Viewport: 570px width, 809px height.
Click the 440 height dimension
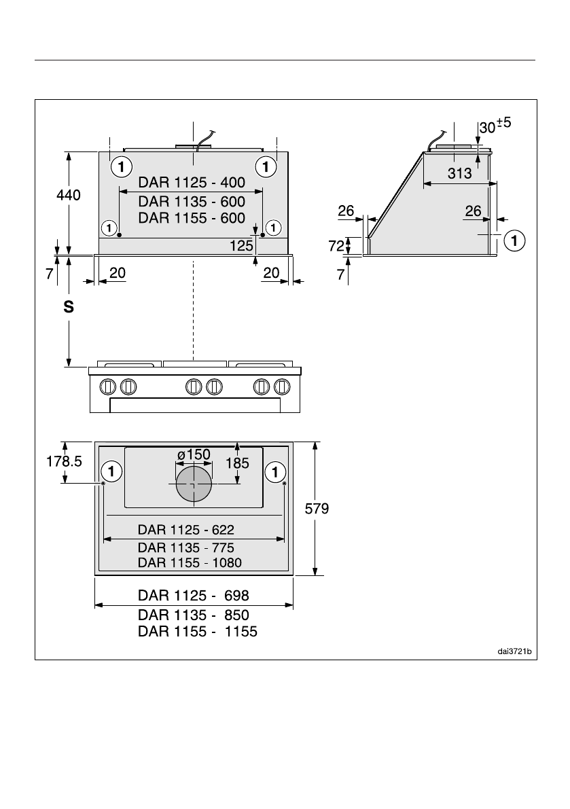tap(69, 195)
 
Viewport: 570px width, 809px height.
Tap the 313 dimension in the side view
tap(459, 173)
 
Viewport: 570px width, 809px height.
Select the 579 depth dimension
tap(317, 509)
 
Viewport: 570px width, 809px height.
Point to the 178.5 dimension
tap(64, 461)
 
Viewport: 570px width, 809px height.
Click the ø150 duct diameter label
tap(194, 454)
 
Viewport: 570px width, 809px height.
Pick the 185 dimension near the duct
tap(237, 463)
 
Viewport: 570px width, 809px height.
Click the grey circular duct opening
tap(194, 484)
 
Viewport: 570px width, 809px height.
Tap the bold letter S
tap(69, 307)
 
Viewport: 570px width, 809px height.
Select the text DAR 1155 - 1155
tap(198, 632)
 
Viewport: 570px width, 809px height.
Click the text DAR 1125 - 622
tap(186, 530)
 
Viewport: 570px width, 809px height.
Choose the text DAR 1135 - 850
tap(194, 615)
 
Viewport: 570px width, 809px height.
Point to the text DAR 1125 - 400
tap(192, 183)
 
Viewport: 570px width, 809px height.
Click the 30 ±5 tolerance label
tap(495, 126)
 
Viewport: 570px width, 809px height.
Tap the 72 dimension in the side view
tap(336, 246)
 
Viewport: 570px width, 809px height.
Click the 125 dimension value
tap(241, 246)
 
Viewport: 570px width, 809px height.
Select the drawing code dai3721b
tap(514, 651)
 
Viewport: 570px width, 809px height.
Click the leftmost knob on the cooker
tap(107, 386)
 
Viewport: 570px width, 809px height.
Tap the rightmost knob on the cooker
tap(283, 386)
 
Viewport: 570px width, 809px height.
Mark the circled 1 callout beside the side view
tap(514, 240)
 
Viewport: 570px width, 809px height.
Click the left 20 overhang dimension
tap(118, 273)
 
